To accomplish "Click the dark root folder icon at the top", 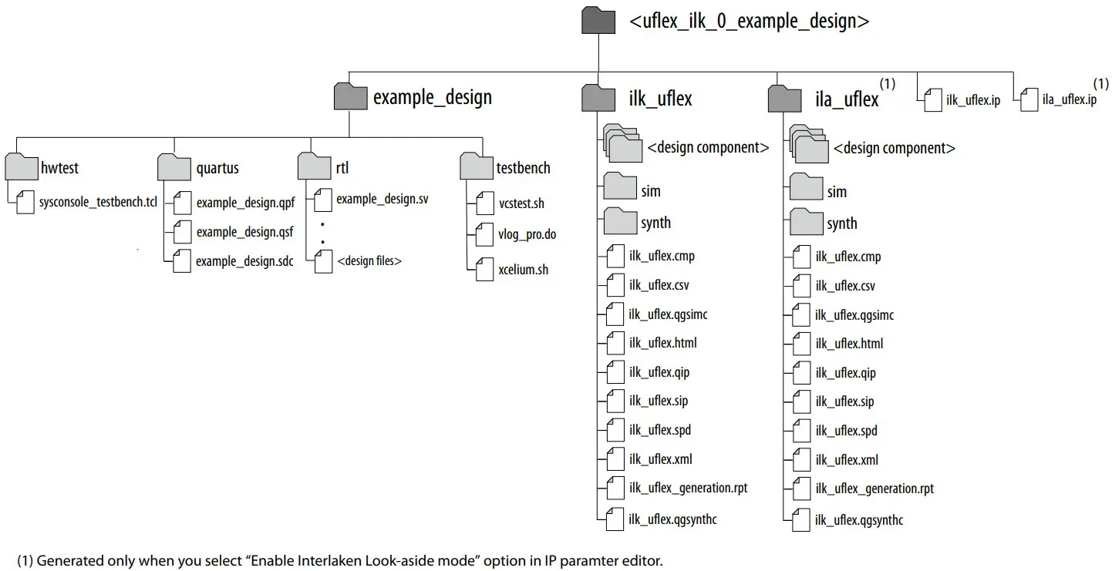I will pyautogui.click(x=599, y=22).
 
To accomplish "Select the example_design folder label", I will pyautogui.click(x=432, y=98).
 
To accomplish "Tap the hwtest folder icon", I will pyautogui.click(x=21, y=167).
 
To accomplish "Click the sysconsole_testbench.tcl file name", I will pyautogui.click(x=98, y=203).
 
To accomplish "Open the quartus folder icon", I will pyautogui.click(x=174, y=167).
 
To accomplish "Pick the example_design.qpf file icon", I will pyautogui.click(x=181, y=203).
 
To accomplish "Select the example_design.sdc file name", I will pyautogui.click(x=244, y=261).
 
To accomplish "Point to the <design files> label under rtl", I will pyautogui.click(x=369, y=261).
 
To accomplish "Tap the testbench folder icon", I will pyautogui.click(x=476, y=167).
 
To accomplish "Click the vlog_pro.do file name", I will pyautogui.click(x=527, y=234).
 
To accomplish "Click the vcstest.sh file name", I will pyautogui.click(x=521, y=204).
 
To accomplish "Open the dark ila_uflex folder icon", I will pyautogui.click(x=785, y=99).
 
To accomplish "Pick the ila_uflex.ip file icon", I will pyautogui.click(x=1029, y=99).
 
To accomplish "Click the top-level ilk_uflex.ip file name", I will pyautogui.click(x=973, y=100).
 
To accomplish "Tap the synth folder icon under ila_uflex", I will pyautogui.click(x=806, y=223).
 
